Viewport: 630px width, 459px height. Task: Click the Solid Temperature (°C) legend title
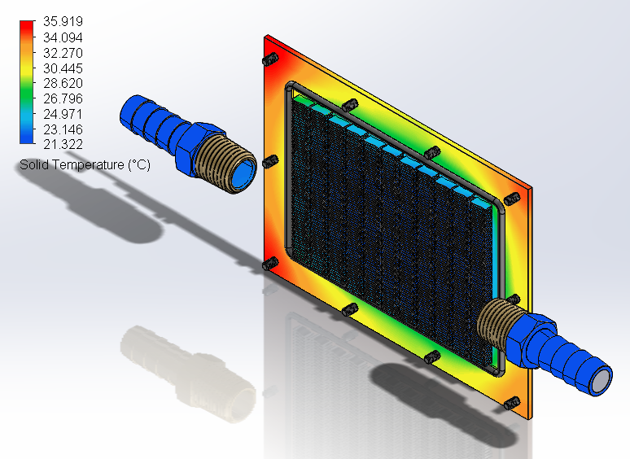84,165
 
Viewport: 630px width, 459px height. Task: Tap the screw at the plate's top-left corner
269,60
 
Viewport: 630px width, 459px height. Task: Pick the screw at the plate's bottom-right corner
513,403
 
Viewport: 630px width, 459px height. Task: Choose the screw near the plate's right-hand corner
512,200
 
